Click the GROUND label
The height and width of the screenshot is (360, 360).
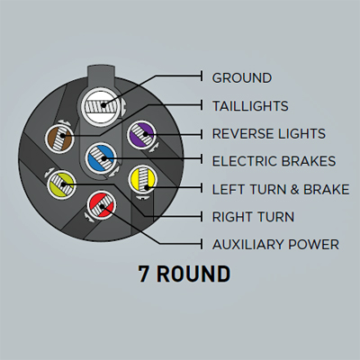click(242, 78)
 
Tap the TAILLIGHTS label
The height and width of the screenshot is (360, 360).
click(250, 106)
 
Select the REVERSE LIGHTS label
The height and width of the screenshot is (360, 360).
click(269, 134)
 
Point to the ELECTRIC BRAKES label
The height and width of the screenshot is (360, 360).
click(274, 161)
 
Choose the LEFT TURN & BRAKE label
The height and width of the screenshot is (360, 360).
click(281, 189)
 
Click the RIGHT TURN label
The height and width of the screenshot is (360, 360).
click(253, 217)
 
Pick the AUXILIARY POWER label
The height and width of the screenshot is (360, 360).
click(275, 245)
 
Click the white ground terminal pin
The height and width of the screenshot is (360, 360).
click(101, 105)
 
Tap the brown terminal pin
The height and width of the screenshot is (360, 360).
click(59, 139)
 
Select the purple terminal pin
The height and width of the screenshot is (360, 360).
click(142, 135)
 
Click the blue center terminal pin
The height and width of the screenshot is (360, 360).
click(101, 157)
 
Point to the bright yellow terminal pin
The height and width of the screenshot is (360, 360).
click(143, 180)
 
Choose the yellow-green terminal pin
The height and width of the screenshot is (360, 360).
click(62, 184)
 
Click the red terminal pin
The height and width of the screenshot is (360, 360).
click(101, 205)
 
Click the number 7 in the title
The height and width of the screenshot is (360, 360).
click(144, 274)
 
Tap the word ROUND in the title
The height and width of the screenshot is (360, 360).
click(193, 274)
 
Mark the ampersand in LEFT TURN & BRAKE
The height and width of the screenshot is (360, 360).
click(295, 190)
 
